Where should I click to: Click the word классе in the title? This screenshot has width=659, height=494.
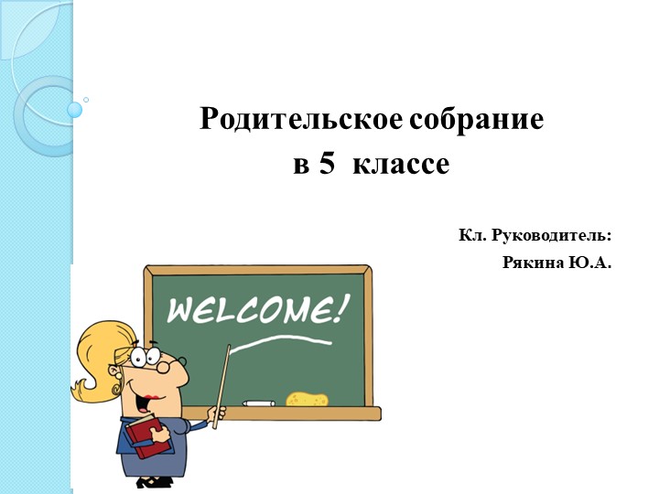pyautogui.click(x=401, y=166)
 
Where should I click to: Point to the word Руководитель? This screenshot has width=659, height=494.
pyautogui.click(x=552, y=236)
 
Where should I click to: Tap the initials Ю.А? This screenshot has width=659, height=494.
pyautogui.click(x=590, y=263)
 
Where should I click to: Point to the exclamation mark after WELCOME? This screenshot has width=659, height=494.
pyautogui.click(x=342, y=306)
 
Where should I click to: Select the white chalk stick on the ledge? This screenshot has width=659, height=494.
pyautogui.click(x=258, y=403)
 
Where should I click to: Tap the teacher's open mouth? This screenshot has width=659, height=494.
pyautogui.click(x=146, y=399)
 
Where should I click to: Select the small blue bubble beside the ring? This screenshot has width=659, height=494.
pyautogui.click(x=75, y=110)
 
